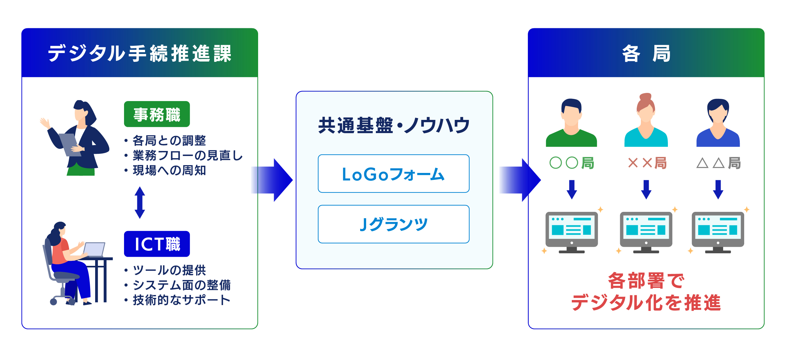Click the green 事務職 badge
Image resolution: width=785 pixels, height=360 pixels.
pyautogui.click(x=157, y=114)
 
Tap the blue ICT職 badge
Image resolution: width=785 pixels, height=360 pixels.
pyautogui.click(x=157, y=244)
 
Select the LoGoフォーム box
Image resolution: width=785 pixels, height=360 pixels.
pyautogui.click(x=393, y=174)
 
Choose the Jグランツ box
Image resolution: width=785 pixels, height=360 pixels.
pyautogui.click(x=393, y=224)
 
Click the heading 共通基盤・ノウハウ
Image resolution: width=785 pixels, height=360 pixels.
pyautogui.click(x=394, y=125)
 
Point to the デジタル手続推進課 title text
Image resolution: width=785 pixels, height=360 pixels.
pyautogui.click(x=140, y=53)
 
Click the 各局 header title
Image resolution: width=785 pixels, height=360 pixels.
pyautogui.click(x=646, y=53)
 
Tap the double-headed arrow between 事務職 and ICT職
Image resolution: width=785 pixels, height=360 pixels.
pyautogui.click(x=140, y=202)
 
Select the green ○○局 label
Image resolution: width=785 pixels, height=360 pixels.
pyautogui.click(x=571, y=163)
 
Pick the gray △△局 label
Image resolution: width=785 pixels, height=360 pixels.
pyautogui.click(x=718, y=163)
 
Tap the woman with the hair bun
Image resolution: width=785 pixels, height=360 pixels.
pyautogui.click(x=646, y=121)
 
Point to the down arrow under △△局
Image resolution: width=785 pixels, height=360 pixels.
pyautogui.click(x=718, y=190)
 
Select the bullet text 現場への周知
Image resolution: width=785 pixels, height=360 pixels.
pyautogui.click(x=169, y=170)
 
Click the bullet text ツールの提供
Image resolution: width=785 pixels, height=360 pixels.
pyautogui.click(x=169, y=270)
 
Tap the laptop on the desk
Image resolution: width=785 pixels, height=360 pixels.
pyautogui.click(x=94, y=250)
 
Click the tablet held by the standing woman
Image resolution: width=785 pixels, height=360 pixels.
pyautogui.click(x=70, y=144)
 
